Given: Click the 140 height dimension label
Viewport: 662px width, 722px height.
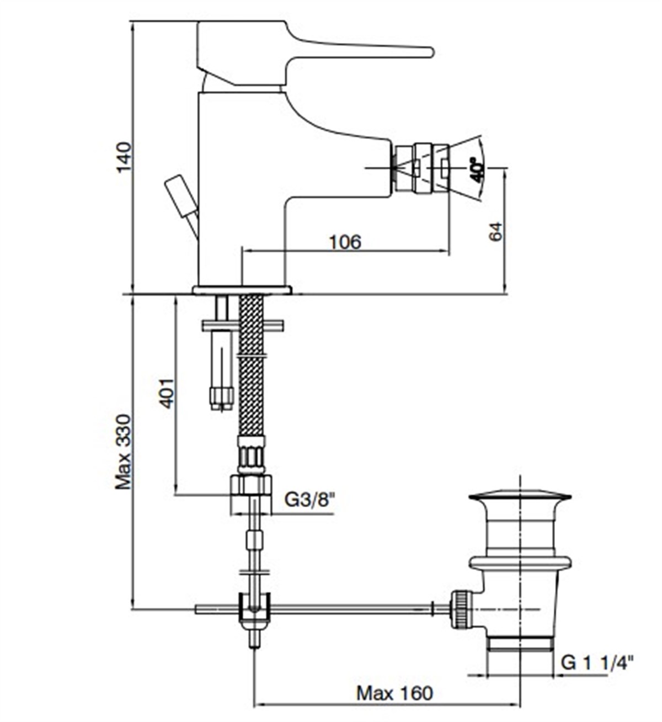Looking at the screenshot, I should click(x=124, y=157).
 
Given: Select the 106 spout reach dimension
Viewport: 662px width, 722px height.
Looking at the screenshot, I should click(x=345, y=242).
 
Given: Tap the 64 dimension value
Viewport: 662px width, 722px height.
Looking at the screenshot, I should click(x=495, y=231).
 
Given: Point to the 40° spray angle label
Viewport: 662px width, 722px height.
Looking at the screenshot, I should click(x=476, y=169).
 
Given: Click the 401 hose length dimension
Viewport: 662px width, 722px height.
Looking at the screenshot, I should click(x=167, y=393).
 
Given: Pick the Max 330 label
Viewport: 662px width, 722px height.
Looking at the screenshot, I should click(x=124, y=452).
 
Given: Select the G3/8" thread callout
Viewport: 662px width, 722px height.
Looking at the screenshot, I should click(x=310, y=501).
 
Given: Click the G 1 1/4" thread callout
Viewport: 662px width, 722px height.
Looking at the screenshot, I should click(x=597, y=661).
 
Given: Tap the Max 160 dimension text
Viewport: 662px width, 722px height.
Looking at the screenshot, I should click(x=394, y=693).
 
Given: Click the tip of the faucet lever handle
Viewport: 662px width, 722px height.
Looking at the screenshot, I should click(x=428, y=52).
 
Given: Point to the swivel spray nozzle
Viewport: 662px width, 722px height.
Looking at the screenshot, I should click(x=419, y=168).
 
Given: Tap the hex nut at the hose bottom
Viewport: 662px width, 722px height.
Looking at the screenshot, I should click(x=250, y=486).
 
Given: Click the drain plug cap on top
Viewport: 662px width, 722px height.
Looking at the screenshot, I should click(x=520, y=496).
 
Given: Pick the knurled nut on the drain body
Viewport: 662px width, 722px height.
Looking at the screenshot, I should click(x=461, y=609).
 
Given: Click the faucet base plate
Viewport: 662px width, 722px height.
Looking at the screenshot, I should click(x=242, y=290).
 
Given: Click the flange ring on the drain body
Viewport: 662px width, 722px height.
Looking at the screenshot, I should click(x=520, y=562).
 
